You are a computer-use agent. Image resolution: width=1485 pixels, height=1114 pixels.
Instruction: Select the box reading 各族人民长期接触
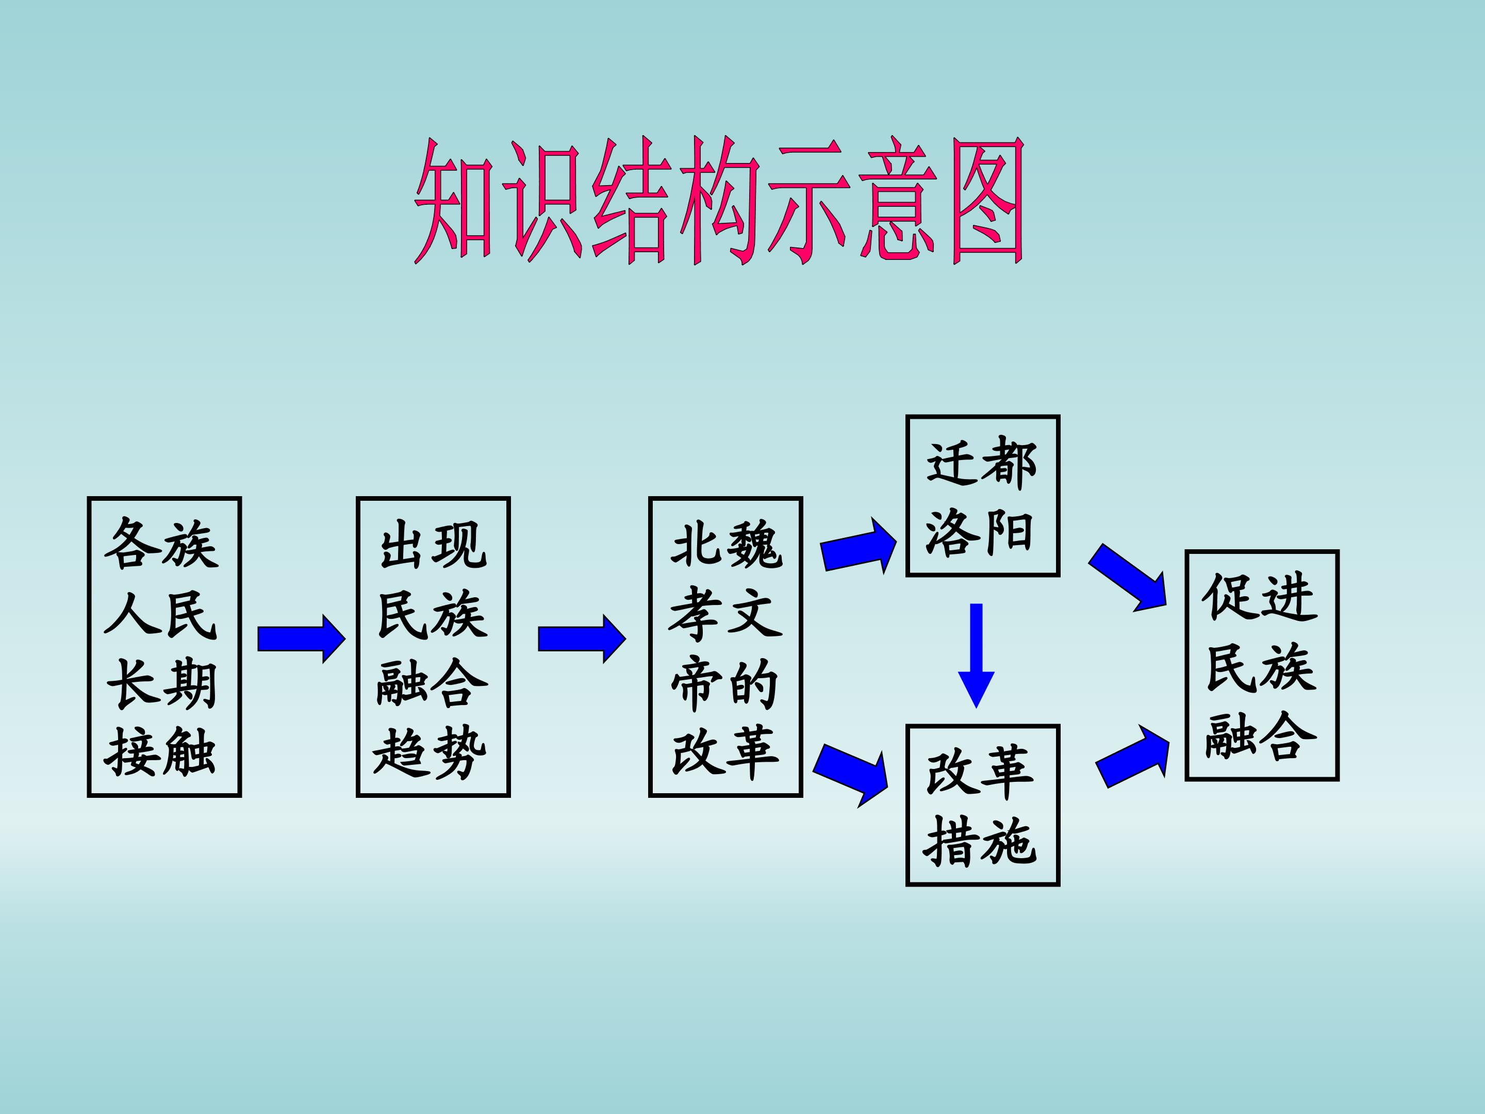click(164, 647)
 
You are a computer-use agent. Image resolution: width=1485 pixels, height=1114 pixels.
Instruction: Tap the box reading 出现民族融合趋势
click(433, 647)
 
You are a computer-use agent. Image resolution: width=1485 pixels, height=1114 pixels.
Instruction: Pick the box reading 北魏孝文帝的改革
click(725, 647)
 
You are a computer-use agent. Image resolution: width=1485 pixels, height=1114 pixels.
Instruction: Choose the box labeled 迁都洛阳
click(982, 496)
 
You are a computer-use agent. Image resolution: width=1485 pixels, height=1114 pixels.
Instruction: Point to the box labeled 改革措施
click(982, 805)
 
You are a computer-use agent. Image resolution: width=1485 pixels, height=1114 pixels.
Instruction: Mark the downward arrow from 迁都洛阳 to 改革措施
click(976, 654)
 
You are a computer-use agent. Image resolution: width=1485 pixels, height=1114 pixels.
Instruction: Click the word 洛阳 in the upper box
click(980, 532)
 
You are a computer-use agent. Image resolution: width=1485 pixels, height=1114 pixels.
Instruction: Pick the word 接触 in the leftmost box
click(161, 752)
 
